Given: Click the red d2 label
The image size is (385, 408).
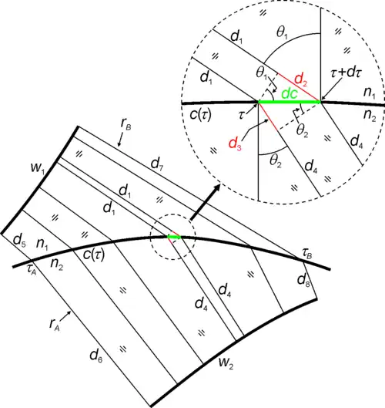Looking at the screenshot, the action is click(x=300, y=80).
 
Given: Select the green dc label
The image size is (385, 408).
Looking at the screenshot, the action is click(x=290, y=94).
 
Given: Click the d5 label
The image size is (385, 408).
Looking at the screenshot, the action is click(x=19, y=241).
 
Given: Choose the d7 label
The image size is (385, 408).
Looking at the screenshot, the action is click(x=157, y=164).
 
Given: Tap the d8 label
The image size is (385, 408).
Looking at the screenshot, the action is click(x=303, y=281).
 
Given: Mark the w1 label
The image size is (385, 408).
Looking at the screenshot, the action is click(x=38, y=168).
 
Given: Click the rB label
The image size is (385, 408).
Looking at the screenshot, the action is click(x=126, y=124).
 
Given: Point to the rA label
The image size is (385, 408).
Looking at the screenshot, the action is click(x=55, y=325).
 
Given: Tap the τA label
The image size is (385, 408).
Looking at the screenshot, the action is click(x=32, y=270).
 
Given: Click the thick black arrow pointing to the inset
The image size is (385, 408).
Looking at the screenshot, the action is click(x=206, y=202).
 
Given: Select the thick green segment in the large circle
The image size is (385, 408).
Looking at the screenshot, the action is click(x=289, y=102).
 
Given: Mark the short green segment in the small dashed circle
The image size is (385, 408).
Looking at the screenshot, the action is click(x=173, y=237).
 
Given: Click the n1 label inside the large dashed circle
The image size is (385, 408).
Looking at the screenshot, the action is click(x=370, y=93).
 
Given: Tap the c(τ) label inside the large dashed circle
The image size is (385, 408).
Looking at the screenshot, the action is click(x=200, y=115).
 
